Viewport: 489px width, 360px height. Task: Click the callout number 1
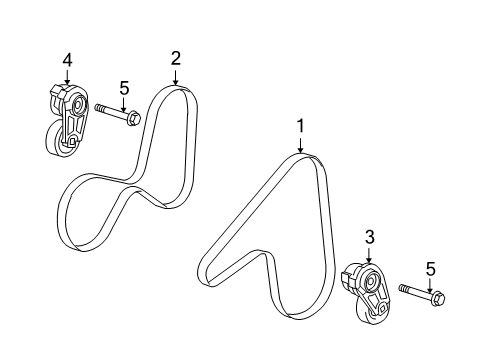point(298,126)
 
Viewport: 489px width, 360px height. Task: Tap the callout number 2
point(175,58)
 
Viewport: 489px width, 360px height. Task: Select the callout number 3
point(369,237)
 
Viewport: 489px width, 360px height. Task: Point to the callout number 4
point(67,61)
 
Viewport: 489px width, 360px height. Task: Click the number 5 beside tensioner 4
point(124,88)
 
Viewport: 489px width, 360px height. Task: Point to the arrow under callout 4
point(67,79)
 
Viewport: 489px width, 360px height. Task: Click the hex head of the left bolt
point(133,120)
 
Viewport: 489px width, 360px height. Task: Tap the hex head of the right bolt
point(437,297)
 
